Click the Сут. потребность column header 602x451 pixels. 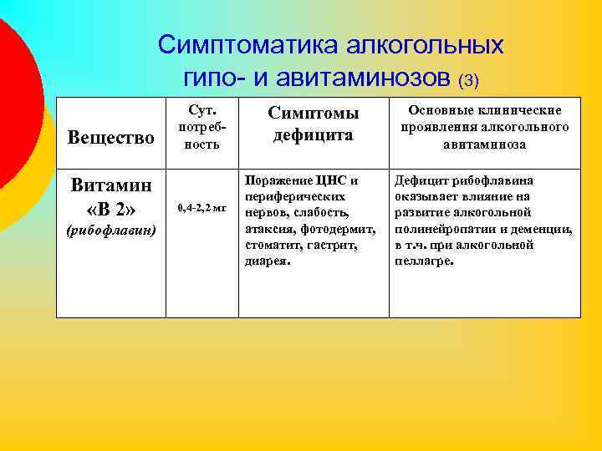(x=202, y=127)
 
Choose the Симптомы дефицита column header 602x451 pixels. (x=313, y=124)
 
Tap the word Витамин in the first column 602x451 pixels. (x=110, y=185)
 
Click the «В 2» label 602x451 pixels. (x=110, y=207)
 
